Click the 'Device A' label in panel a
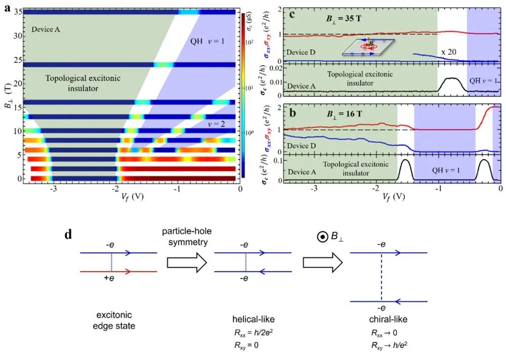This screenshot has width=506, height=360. coord(46,29)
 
